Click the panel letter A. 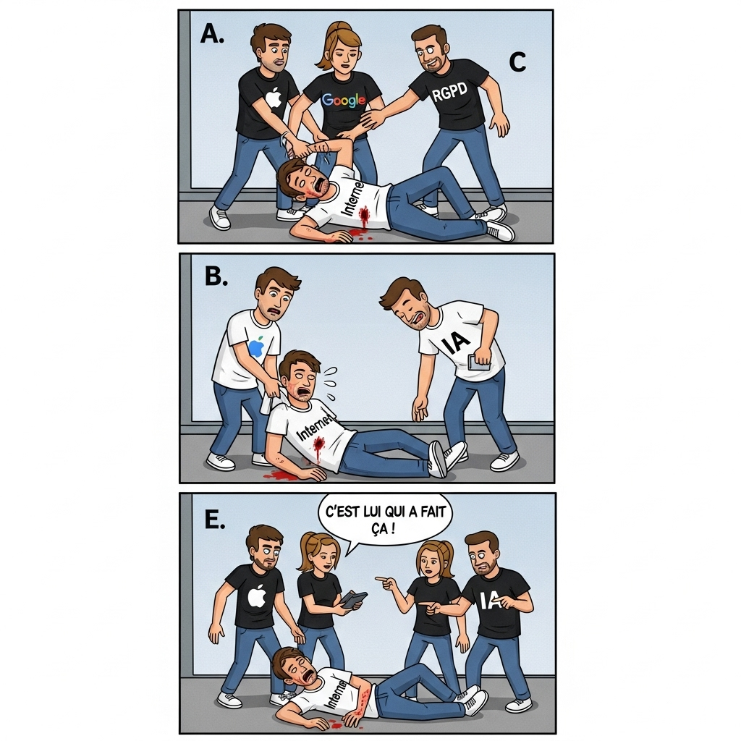(211, 33)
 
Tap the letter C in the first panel (517, 64)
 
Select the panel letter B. (216, 276)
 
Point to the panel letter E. (214, 520)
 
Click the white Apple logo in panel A (273, 97)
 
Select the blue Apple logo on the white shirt (255, 348)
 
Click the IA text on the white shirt (457, 341)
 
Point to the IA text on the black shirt (491, 600)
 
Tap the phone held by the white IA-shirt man (478, 363)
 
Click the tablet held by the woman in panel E (354, 599)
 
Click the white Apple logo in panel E (257, 596)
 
